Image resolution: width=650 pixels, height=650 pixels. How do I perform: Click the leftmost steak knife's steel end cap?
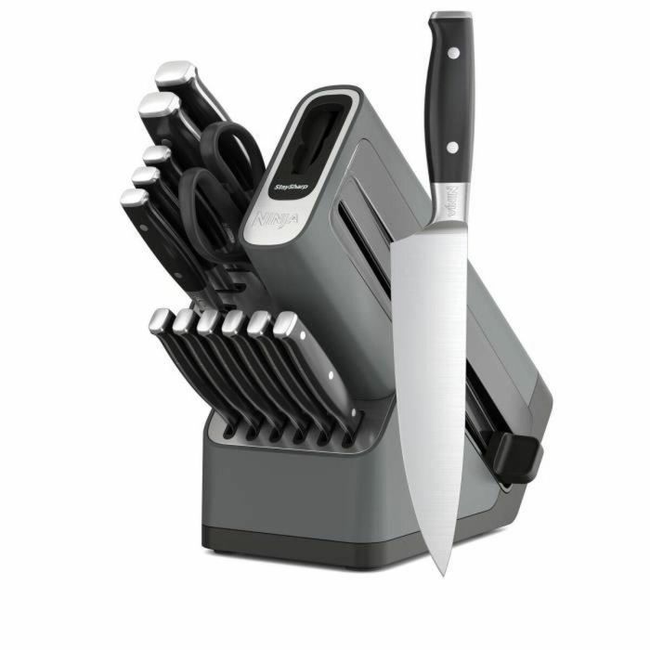(x=161, y=321)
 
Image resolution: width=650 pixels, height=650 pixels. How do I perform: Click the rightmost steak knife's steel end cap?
(x=286, y=325)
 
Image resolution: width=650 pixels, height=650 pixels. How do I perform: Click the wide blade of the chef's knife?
(x=432, y=353)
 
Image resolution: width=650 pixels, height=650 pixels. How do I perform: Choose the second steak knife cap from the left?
(x=185, y=322)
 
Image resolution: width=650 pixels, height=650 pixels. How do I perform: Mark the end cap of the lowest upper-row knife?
(x=135, y=199)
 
